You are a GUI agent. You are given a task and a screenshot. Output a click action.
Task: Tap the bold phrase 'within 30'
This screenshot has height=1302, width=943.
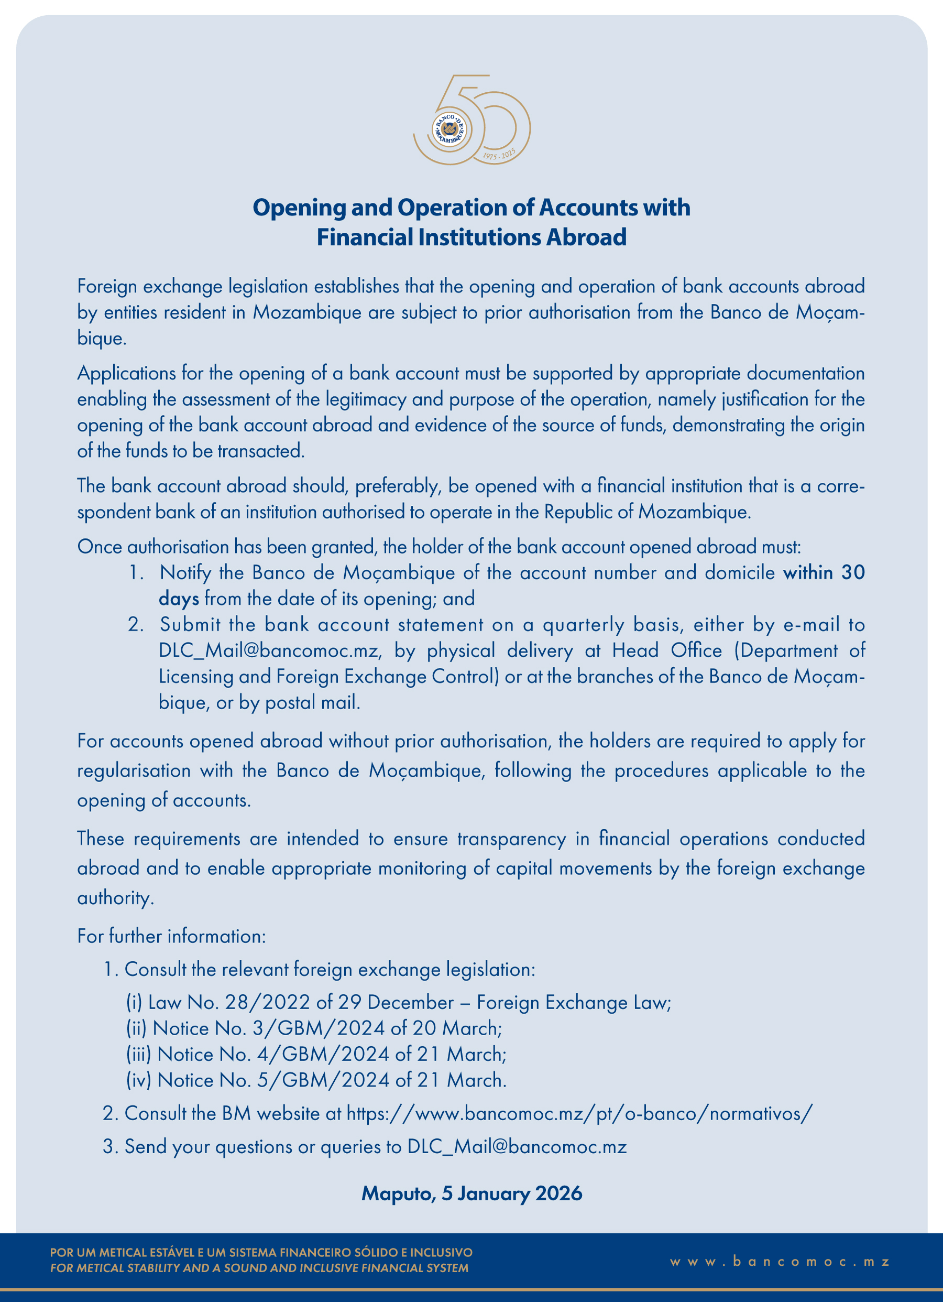tap(824, 572)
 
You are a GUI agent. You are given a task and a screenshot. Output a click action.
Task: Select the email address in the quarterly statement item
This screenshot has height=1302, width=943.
tap(269, 650)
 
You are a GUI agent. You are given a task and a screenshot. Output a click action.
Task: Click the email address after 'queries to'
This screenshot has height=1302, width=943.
tap(517, 1146)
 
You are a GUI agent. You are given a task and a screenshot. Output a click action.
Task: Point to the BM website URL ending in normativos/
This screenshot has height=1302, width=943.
tap(580, 1113)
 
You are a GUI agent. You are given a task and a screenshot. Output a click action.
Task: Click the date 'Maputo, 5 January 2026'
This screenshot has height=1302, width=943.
tap(471, 1193)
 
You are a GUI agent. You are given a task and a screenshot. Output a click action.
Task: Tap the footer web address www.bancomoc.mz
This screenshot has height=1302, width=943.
tap(780, 1262)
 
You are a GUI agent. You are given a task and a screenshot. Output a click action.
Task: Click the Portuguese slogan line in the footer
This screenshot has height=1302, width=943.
tap(261, 1252)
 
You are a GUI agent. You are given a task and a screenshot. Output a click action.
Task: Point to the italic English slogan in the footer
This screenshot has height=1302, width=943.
tap(259, 1268)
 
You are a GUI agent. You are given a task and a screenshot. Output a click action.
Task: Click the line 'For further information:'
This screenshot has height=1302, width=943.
tap(172, 936)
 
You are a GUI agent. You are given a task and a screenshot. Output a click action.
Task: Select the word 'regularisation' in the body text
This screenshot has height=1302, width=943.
tap(134, 770)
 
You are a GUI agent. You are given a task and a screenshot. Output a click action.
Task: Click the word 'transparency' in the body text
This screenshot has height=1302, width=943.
tap(511, 839)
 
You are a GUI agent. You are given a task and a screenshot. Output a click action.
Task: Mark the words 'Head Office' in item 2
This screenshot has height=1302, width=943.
tap(666, 650)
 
